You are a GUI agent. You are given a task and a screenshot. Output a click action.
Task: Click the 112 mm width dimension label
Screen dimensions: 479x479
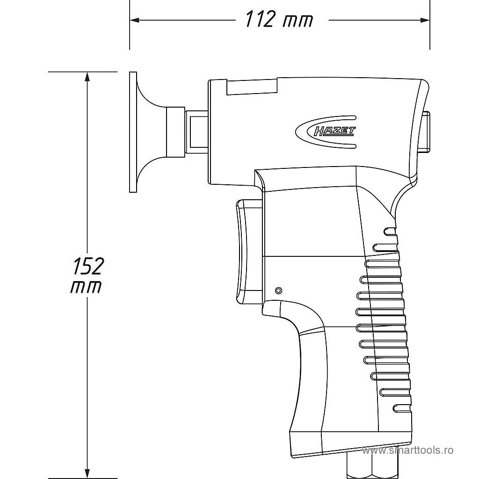coord(279,20)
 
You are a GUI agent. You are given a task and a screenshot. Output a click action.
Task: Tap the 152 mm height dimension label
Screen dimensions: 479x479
coord(87,275)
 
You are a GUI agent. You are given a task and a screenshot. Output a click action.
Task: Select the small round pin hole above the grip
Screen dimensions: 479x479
coord(279,290)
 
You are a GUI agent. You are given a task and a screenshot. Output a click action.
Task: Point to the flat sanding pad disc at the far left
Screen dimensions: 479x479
coord(133,132)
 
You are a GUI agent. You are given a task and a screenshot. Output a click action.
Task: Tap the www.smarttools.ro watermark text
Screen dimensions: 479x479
coord(408,450)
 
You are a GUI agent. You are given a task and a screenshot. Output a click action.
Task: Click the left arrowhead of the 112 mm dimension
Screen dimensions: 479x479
coord(134,20)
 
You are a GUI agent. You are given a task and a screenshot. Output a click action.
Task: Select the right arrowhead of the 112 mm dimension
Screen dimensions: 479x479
coord(425,20)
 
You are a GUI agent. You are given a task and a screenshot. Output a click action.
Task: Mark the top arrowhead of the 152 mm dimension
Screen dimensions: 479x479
coord(87,77)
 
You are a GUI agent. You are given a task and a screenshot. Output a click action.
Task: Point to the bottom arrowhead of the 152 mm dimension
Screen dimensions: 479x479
coord(87,473)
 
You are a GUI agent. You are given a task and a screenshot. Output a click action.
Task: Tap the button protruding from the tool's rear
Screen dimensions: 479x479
coord(426,132)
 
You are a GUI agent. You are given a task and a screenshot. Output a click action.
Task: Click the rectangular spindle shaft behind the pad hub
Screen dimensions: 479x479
coord(197,132)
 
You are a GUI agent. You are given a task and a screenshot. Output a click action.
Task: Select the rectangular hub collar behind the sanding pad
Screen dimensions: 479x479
coord(175,132)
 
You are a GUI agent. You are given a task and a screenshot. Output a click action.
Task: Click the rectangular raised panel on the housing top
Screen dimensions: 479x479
coord(252,87)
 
